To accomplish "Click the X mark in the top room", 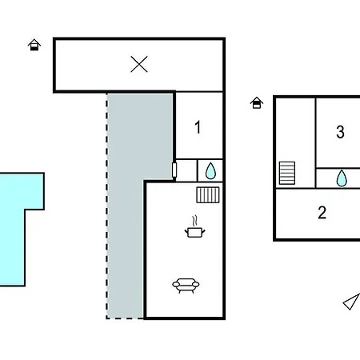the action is click(x=139, y=64).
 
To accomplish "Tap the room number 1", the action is click(x=198, y=127).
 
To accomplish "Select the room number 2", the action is click(x=322, y=213).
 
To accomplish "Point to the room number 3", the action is click(x=340, y=132).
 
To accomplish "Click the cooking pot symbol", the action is click(x=195, y=232).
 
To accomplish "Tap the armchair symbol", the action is click(x=186, y=286).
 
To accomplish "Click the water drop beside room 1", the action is click(x=210, y=170).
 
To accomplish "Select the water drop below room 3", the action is click(x=342, y=178).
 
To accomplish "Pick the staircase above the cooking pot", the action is click(x=208, y=195).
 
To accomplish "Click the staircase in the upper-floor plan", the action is click(x=287, y=173).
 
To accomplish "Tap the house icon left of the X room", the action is click(x=34, y=45).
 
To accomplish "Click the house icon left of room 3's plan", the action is click(x=257, y=102).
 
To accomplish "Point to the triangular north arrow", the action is click(x=352, y=302).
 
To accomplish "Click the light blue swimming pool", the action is click(x=13, y=230).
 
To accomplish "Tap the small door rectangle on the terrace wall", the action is click(x=174, y=170).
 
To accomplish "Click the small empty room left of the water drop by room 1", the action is click(x=186, y=170).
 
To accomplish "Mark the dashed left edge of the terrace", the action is click(x=107, y=206).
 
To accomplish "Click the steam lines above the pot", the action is click(x=195, y=221).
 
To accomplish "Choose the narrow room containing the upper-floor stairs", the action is click(x=295, y=143).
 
